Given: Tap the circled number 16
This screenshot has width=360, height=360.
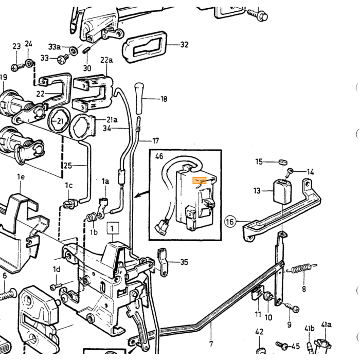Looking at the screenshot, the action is click(x=230, y=222).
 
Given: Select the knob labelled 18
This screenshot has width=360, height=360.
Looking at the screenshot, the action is click(x=139, y=98).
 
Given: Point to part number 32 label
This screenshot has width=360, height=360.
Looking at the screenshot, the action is click(x=184, y=45).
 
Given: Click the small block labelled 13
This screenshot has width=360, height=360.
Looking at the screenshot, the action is click(x=282, y=191).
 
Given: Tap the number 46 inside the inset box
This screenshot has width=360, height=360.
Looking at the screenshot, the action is click(x=159, y=156).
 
